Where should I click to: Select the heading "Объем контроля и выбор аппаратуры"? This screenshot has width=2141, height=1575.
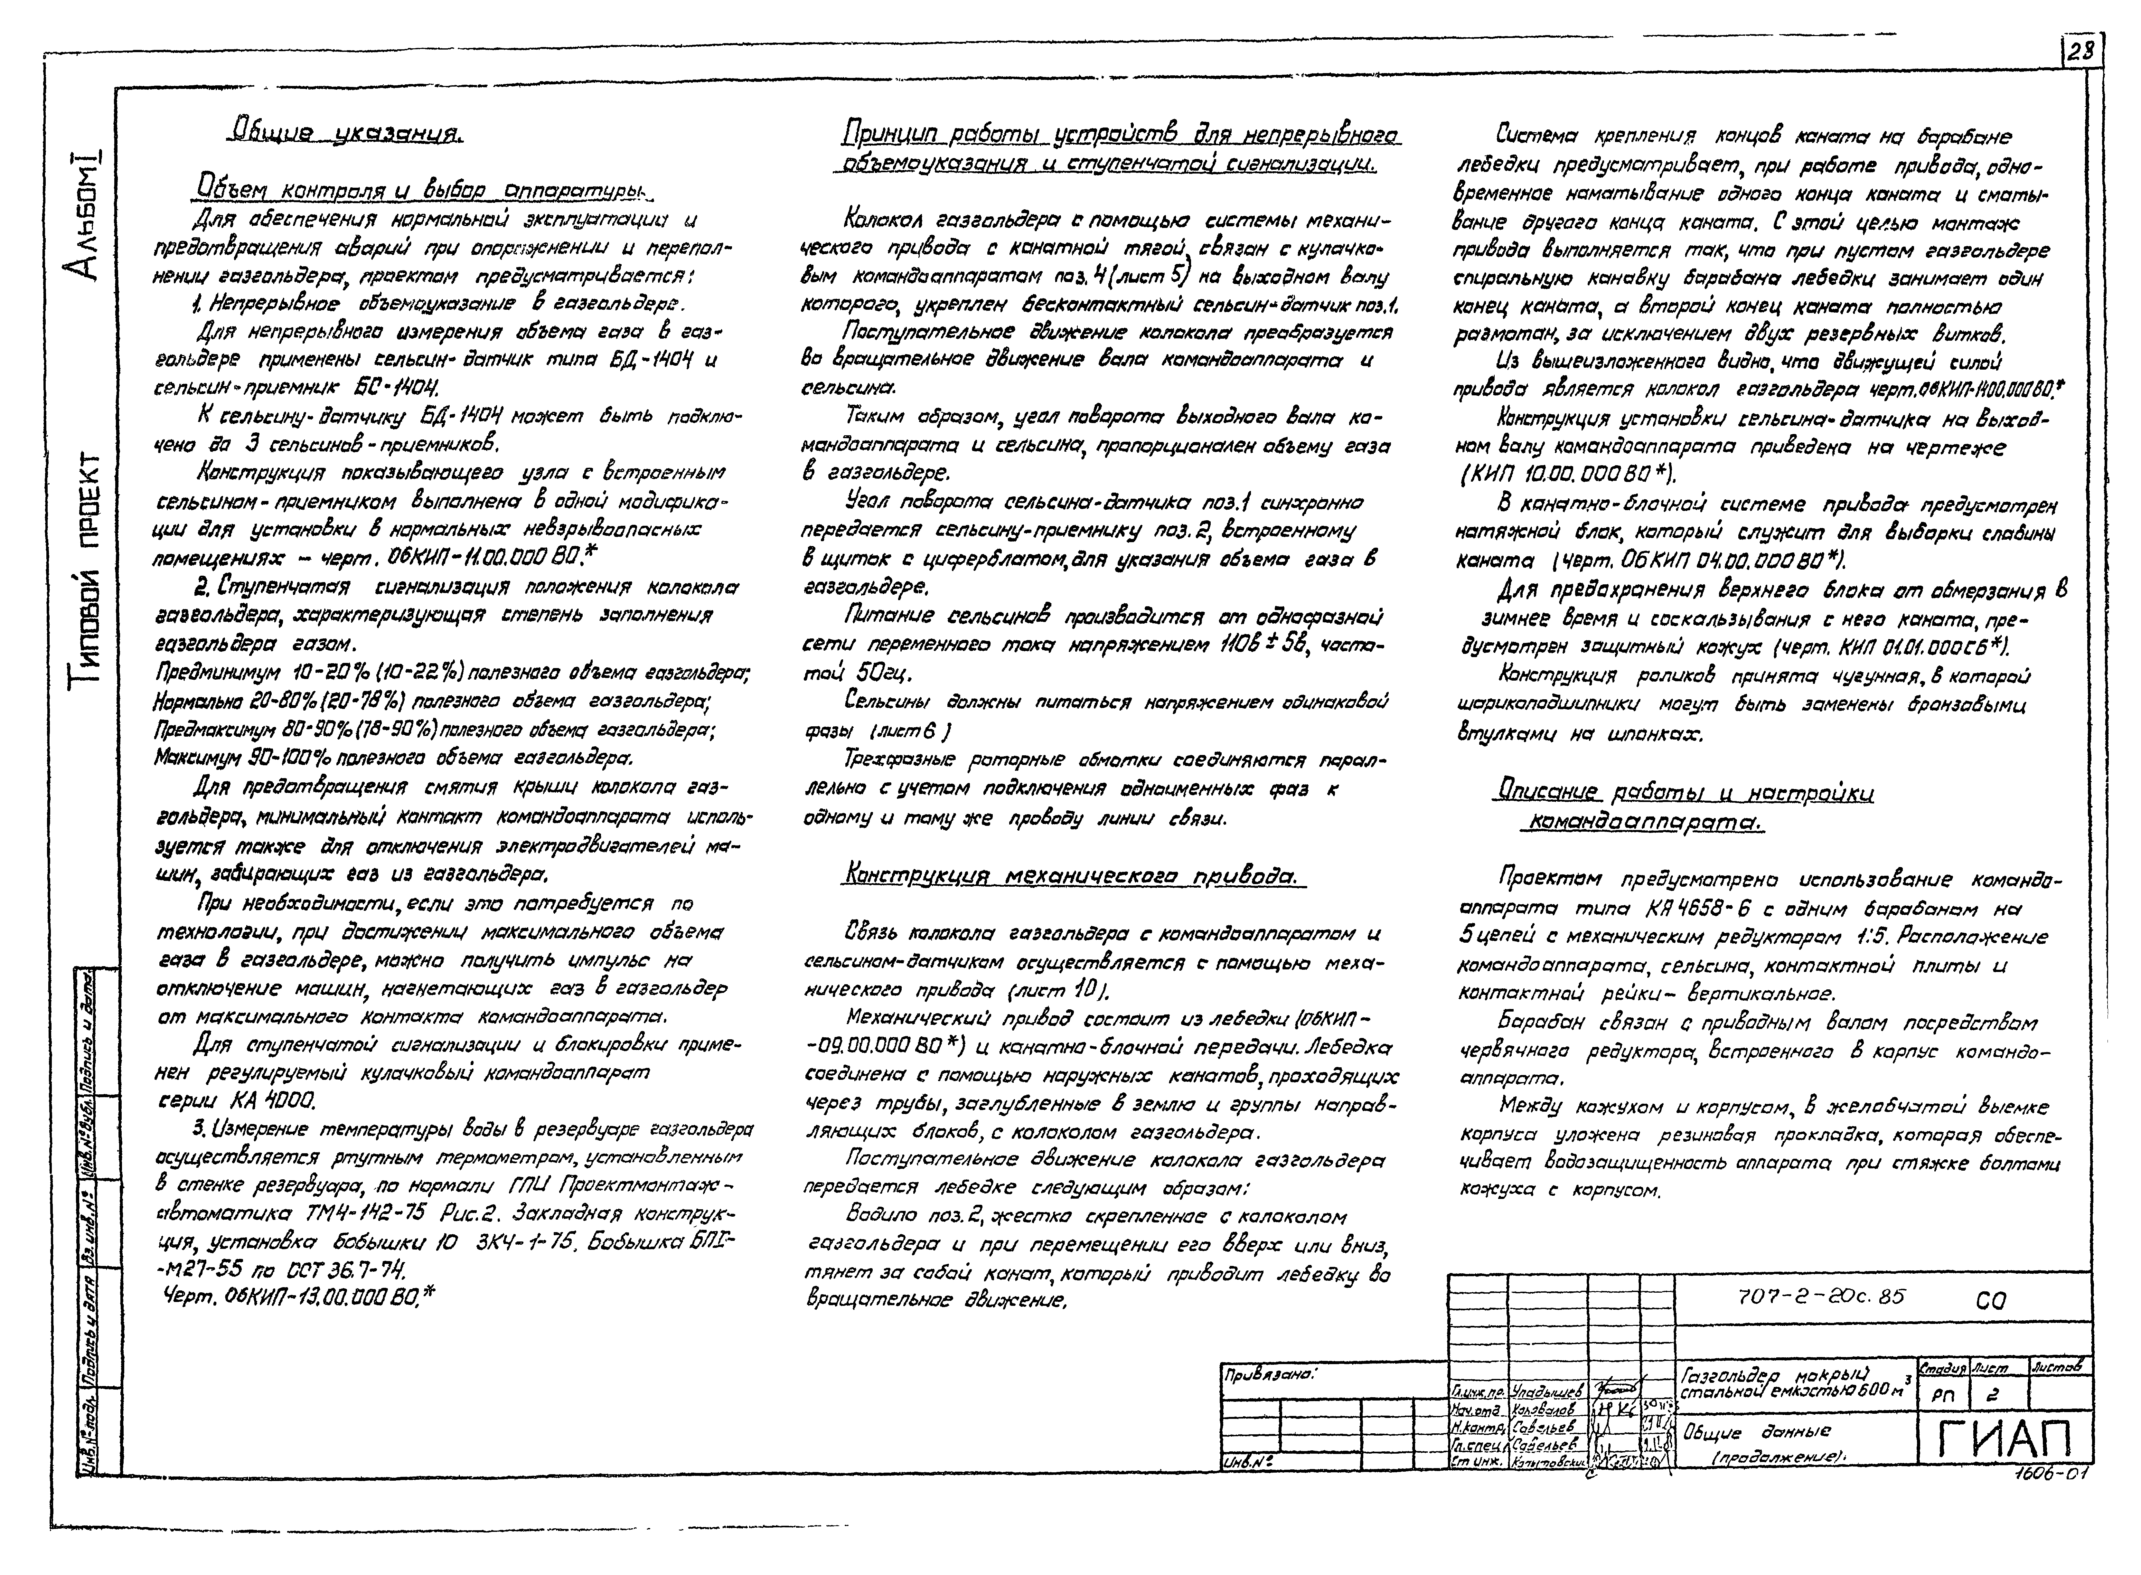pos(419,190)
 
